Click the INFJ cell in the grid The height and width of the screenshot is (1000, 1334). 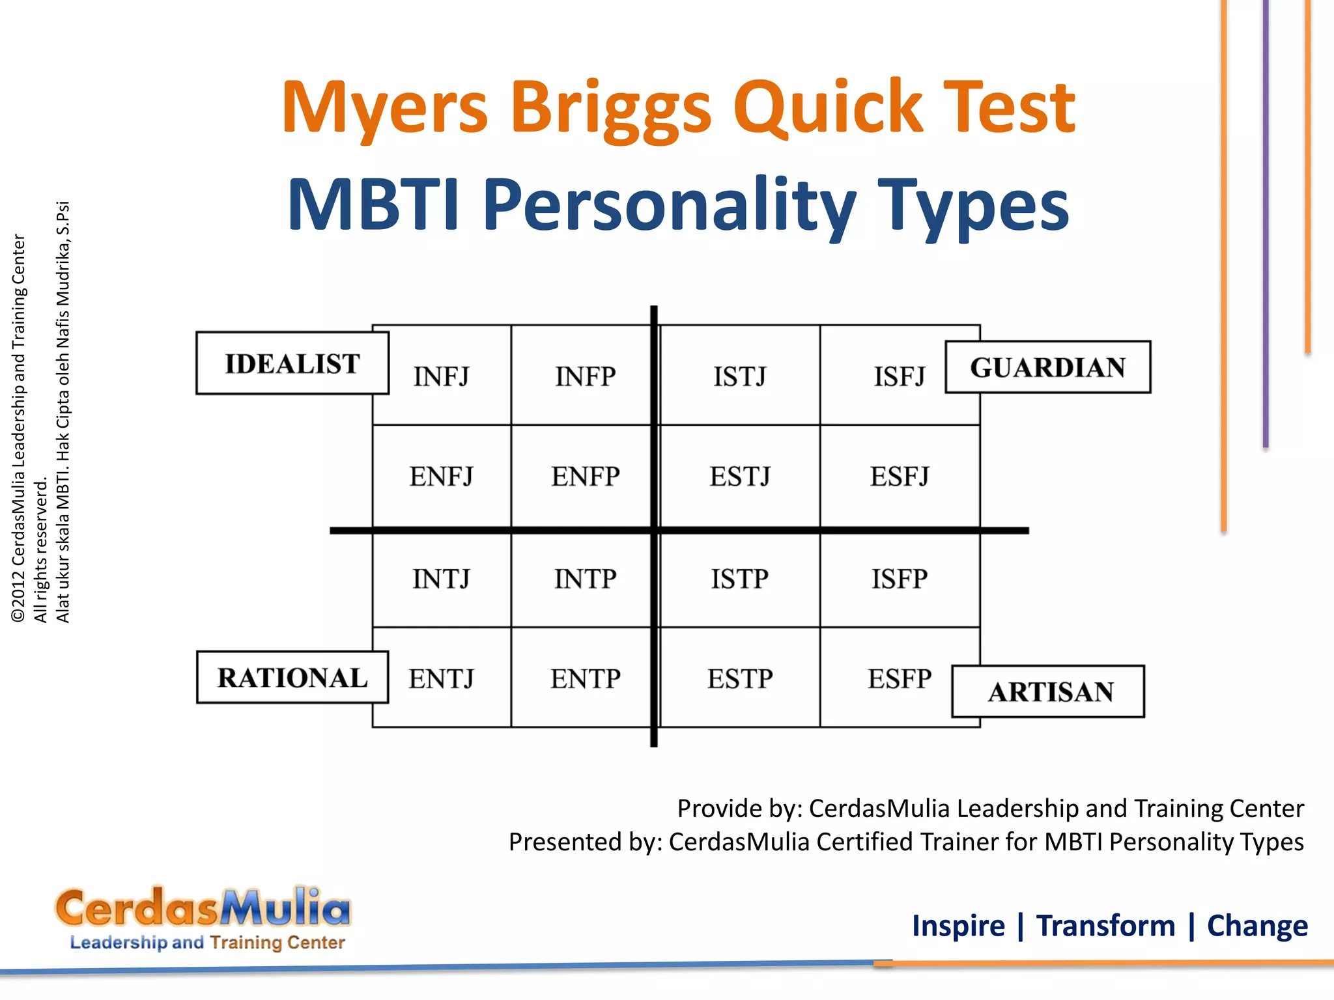coord(441,376)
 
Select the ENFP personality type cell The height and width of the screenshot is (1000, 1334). coord(585,477)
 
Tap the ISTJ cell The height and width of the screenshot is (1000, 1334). coord(739,376)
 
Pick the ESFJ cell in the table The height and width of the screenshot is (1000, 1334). coord(900,477)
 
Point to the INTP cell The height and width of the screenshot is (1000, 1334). coord(585,579)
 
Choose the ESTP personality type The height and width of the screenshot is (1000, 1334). coord(740,679)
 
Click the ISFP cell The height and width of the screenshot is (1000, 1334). coord(900,579)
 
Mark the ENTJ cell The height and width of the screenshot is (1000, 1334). coord(441,679)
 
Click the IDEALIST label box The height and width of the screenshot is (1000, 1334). coord(292,363)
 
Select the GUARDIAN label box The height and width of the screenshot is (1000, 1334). coord(1047,367)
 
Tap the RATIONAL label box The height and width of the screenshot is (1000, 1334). coord(292,678)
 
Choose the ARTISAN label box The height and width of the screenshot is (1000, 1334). coord(1048,691)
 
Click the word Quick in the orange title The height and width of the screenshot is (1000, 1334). coord(828,107)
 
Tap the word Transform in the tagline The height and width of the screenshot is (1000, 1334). coord(1105,926)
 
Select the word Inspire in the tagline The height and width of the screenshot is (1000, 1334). coord(958,926)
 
